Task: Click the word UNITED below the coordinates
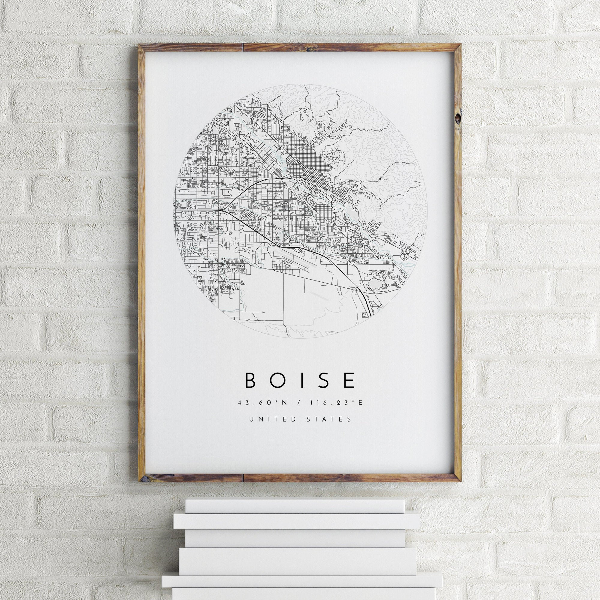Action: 272,419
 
